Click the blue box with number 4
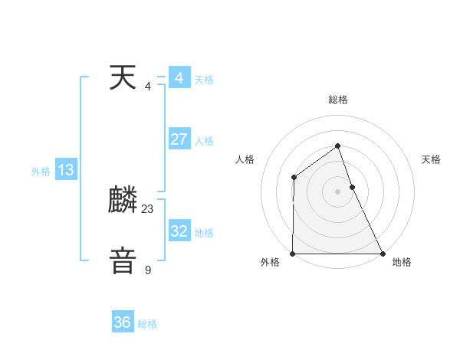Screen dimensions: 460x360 tap(179, 78)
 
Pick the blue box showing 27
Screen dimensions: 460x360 tap(179, 139)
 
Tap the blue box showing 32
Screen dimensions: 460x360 tap(179, 231)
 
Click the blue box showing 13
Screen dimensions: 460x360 tap(66, 170)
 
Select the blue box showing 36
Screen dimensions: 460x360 tap(123, 322)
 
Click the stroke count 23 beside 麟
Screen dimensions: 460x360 tap(148, 208)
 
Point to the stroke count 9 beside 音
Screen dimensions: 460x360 tap(148, 270)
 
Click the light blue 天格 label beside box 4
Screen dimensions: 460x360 tap(204, 80)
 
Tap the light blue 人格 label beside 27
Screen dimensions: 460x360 tap(204, 141)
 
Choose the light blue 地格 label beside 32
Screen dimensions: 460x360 tap(204, 232)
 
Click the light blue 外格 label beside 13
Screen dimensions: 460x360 tap(41, 172)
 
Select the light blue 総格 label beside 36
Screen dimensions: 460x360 tap(147, 324)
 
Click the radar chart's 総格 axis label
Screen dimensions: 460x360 tap(337, 100)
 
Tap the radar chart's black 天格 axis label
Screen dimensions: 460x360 tap(432, 159)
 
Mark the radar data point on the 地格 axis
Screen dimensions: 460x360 tap(382, 254)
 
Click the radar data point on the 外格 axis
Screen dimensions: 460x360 tap(293, 254)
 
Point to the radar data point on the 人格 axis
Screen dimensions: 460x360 tap(294, 178)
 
